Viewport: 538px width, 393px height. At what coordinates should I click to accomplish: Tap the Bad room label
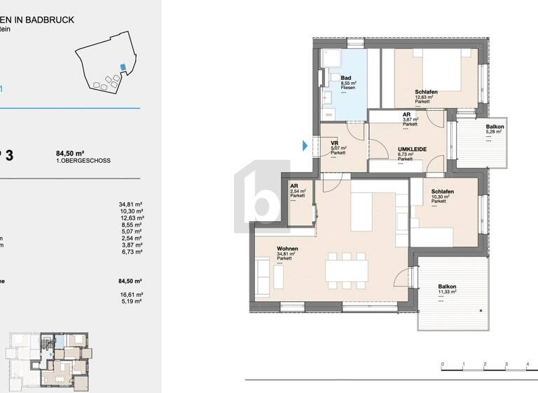345,78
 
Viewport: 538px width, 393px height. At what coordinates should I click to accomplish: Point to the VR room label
335,142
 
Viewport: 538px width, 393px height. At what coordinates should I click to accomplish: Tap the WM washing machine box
329,114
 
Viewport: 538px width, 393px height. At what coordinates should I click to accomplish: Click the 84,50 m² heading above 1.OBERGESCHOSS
70,153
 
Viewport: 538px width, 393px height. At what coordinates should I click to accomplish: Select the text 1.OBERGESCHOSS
83,161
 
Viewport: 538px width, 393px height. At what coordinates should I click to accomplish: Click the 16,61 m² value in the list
130,295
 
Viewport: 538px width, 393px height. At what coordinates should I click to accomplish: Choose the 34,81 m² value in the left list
130,204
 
